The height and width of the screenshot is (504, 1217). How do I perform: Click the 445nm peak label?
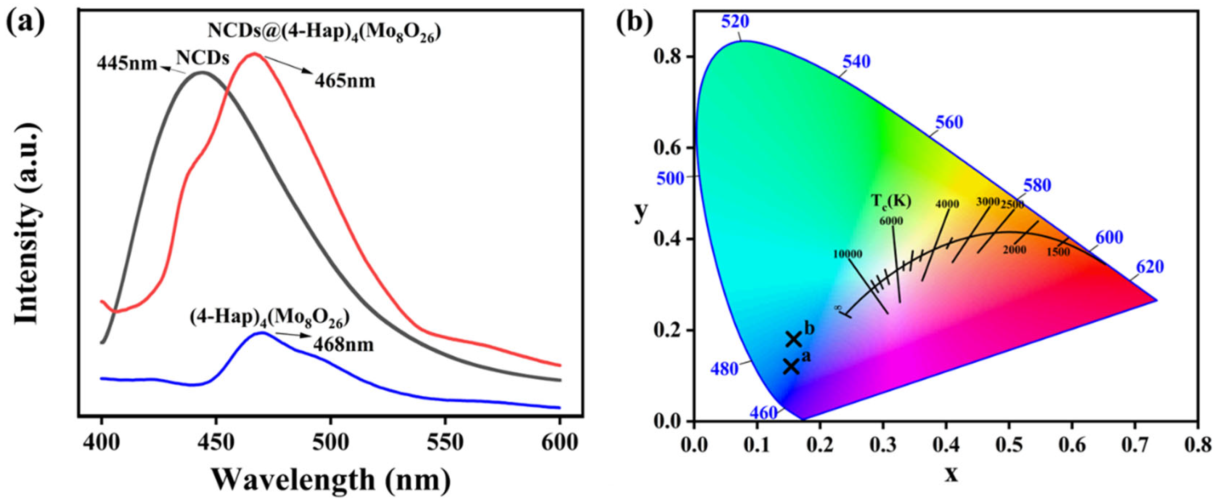point(126,63)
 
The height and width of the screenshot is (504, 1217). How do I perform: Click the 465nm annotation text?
point(345,81)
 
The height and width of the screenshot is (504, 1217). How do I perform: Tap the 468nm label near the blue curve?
point(343,344)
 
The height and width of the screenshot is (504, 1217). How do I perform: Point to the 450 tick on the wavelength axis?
point(216,443)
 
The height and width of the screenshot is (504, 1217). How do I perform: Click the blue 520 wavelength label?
point(735,22)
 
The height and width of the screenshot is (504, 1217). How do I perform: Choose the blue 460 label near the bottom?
point(763,413)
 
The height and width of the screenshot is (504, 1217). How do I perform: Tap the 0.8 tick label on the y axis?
point(669,57)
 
